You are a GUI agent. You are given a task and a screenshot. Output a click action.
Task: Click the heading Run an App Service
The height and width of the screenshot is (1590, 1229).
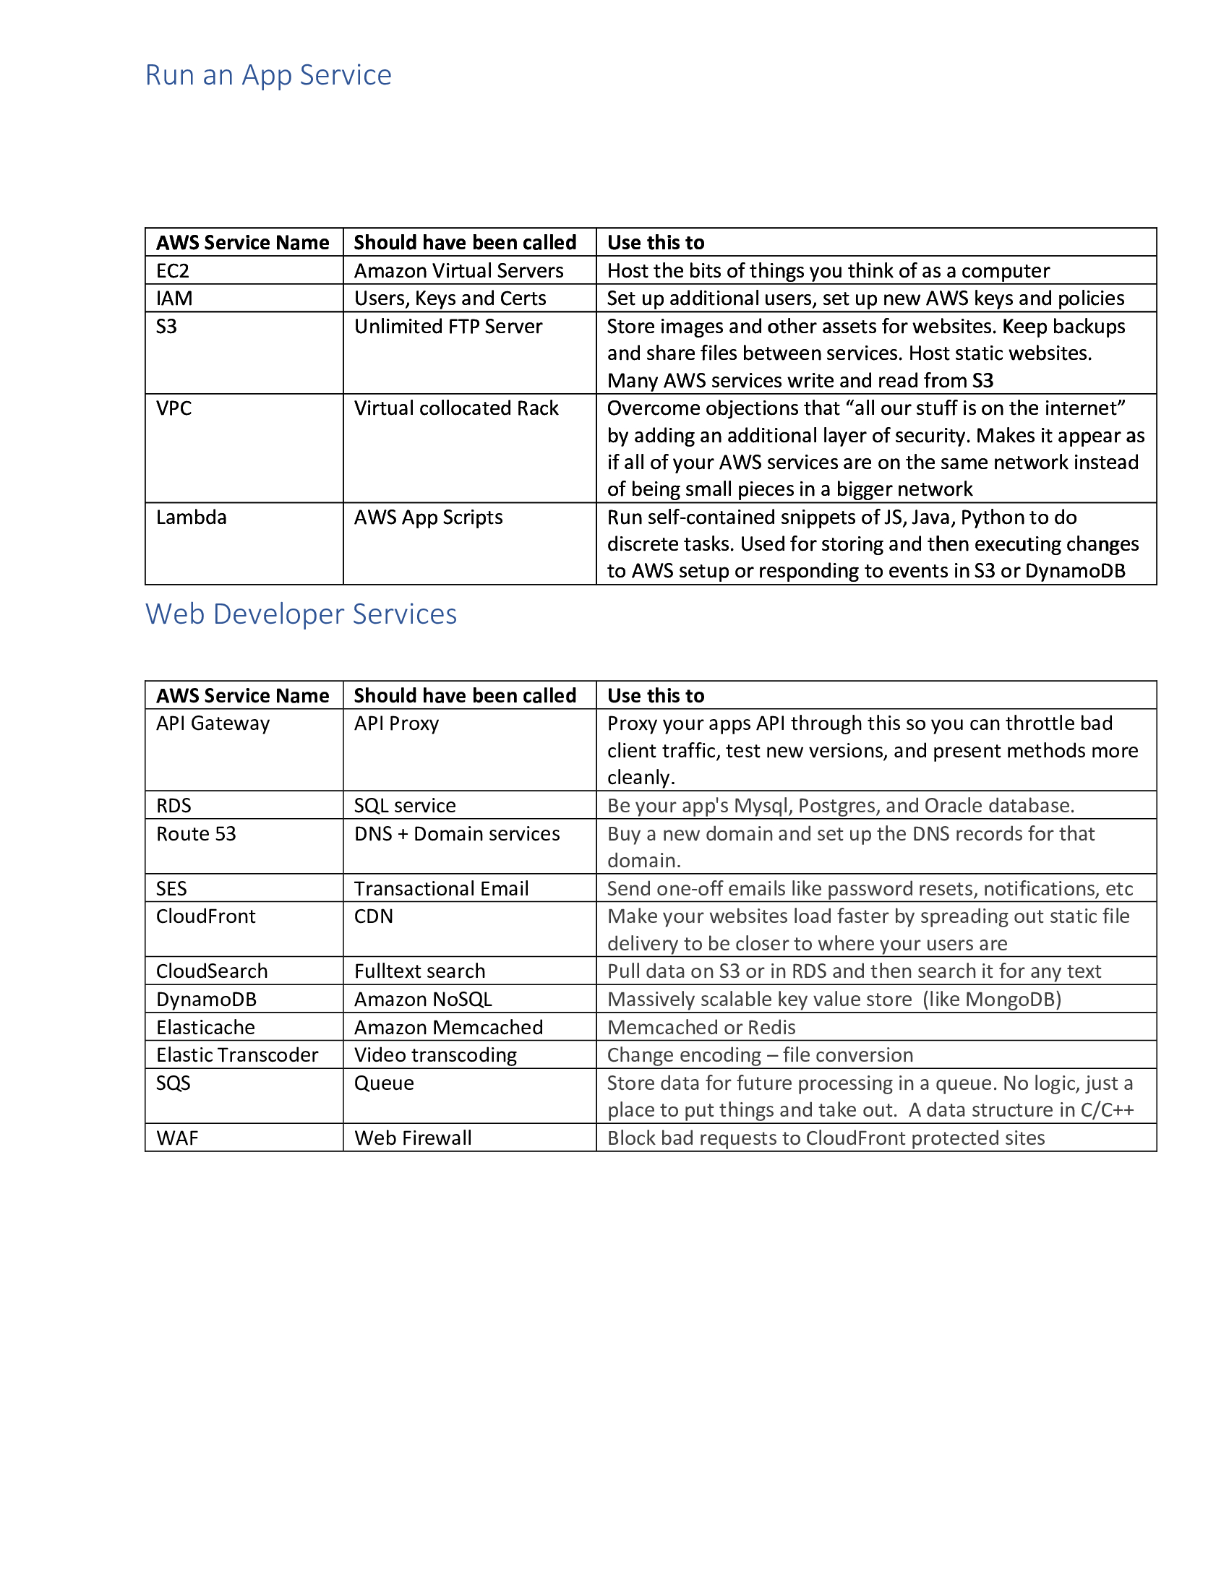click(268, 75)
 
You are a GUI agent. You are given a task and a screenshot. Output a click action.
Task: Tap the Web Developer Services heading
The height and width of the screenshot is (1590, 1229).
click(301, 614)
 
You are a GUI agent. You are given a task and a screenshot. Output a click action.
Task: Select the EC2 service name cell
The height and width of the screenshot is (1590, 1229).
click(173, 271)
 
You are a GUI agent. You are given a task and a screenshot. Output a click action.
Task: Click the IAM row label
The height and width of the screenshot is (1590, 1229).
click(174, 298)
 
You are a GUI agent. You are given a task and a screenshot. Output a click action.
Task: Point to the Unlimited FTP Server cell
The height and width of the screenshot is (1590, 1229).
click(448, 326)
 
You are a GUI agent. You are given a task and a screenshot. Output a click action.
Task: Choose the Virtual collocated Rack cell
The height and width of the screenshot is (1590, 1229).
click(455, 408)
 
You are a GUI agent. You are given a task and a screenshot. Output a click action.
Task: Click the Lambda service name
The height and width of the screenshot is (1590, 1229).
click(192, 517)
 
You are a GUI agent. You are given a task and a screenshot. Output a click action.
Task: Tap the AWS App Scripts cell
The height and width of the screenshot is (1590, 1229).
click(428, 517)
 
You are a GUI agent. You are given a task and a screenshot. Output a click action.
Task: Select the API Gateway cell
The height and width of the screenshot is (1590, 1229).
click(213, 723)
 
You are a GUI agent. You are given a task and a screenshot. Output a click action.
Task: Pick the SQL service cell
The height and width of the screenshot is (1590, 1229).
click(405, 805)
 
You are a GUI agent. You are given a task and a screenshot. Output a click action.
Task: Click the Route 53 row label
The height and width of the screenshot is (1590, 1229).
click(196, 833)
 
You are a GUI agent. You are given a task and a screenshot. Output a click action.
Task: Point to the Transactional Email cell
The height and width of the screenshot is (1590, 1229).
click(441, 888)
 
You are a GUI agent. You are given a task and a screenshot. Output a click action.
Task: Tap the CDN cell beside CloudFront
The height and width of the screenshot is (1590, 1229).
click(374, 916)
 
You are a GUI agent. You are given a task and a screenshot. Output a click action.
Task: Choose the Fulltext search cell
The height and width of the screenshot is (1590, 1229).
click(419, 971)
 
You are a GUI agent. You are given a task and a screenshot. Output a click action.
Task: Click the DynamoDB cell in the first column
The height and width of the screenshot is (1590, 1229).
click(206, 999)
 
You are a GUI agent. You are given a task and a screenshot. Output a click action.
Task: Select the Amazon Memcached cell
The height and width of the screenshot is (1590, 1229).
click(448, 1027)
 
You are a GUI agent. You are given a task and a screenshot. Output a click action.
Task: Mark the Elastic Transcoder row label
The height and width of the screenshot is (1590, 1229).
click(236, 1055)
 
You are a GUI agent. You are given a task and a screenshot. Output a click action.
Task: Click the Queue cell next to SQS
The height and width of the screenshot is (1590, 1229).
click(384, 1083)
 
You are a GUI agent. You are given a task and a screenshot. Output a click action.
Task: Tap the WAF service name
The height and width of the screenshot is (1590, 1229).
click(177, 1138)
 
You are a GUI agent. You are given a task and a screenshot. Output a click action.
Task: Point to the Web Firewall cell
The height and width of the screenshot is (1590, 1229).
click(413, 1138)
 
